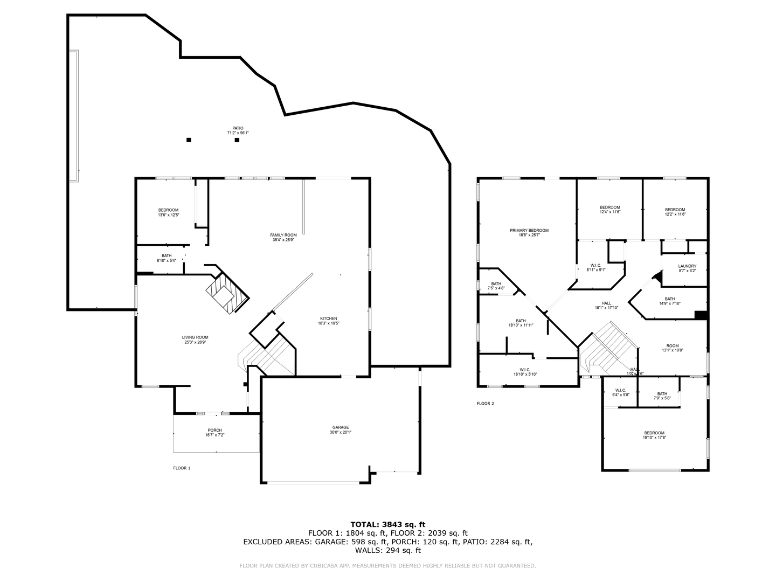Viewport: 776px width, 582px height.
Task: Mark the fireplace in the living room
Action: (x=227, y=294)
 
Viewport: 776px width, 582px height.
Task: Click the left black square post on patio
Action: (x=189, y=140)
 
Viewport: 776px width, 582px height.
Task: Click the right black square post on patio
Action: (x=237, y=140)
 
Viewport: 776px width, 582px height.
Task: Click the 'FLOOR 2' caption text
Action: (x=485, y=403)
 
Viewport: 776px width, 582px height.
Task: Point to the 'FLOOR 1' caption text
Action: (x=182, y=468)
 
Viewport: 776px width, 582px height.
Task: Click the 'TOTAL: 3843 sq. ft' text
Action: (x=387, y=524)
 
